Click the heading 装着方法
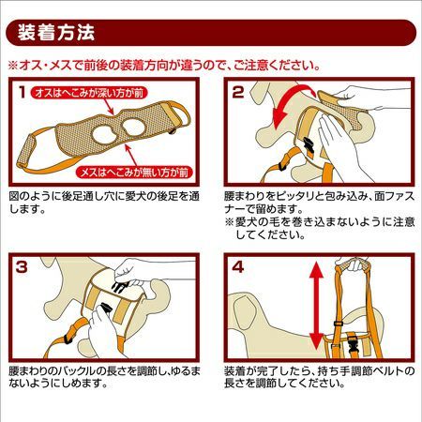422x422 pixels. coord(55,33)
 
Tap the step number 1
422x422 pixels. coord(22,92)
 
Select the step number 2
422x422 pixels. coord(238,92)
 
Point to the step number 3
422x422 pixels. coord(22,267)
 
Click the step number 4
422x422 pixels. coord(238,267)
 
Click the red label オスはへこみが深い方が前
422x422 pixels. coord(89,93)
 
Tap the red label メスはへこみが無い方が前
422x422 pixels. coord(134,173)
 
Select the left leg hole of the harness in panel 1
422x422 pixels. coord(103,134)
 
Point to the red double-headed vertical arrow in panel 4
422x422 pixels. coord(316,306)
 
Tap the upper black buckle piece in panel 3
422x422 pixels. coord(120,287)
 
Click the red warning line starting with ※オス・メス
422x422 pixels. coord(164,66)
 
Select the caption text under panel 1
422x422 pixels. coord(104,203)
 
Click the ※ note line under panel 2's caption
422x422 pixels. coord(320,228)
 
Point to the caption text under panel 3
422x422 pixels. coord(104,377)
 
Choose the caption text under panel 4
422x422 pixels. coord(320,377)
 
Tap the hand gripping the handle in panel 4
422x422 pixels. coord(354,264)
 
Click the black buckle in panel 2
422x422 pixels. coord(309,145)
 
